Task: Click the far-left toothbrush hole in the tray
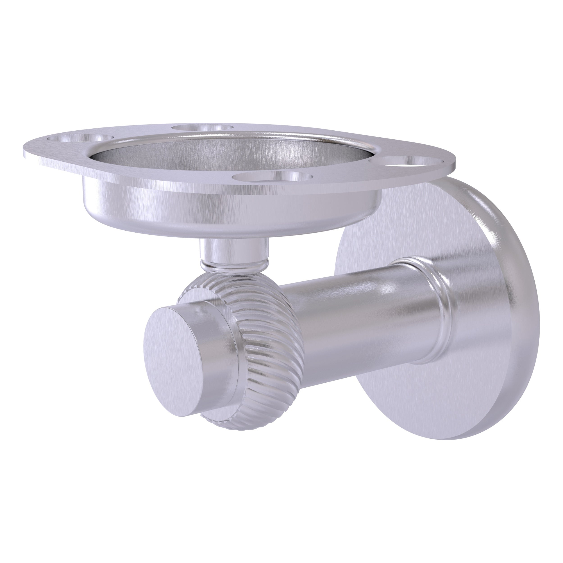(x=80, y=139)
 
